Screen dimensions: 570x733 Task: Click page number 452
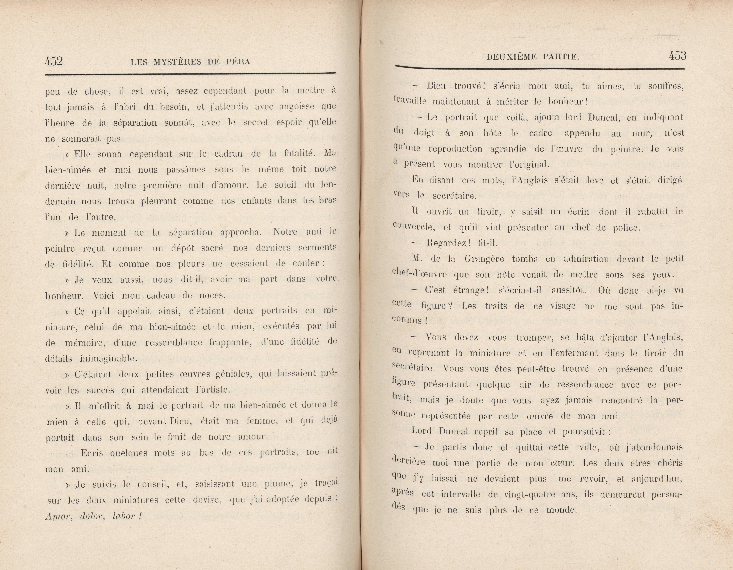(x=54, y=61)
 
